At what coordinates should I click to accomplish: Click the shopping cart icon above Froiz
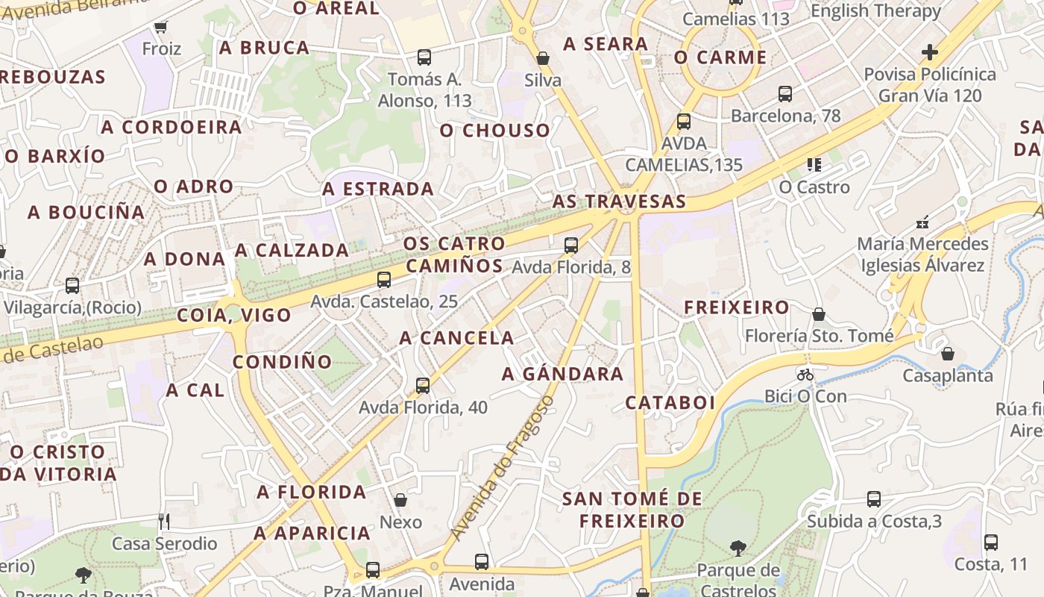pyautogui.click(x=160, y=28)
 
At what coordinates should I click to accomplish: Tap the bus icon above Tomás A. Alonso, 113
pyautogui.click(x=424, y=57)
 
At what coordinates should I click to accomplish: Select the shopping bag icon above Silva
pyautogui.click(x=543, y=58)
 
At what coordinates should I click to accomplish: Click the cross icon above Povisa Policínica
pyautogui.click(x=929, y=52)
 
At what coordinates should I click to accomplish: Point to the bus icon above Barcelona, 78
pyautogui.click(x=785, y=94)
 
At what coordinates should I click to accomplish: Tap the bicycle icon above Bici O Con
pyautogui.click(x=805, y=375)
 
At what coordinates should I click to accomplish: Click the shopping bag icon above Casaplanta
pyautogui.click(x=947, y=354)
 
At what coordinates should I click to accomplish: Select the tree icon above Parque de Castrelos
pyautogui.click(x=738, y=549)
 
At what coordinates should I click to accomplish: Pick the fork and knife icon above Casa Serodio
pyautogui.click(x=164, y=521)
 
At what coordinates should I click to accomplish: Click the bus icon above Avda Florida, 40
pyautogui.click(x=423, y=386)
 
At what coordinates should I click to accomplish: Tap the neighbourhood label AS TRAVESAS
pyautogui.click(x=619, y=201)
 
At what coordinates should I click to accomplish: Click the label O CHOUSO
pyautogui.click(x=494, y=131)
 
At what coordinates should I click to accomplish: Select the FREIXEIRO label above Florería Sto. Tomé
pyautogui.click(x=737, y=307)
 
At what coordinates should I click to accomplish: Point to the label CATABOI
pyautogui.click(x=670, y=403)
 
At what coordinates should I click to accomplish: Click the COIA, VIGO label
pyautogui.click(x=234, y=315)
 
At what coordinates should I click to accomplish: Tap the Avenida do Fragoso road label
pyautogui.click(x=503, y=468)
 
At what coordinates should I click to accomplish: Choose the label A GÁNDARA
pyautogui.click(x=562, y=374)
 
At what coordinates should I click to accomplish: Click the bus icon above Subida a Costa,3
pyautogui.click(x=874, y=499)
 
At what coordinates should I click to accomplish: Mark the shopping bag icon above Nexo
pyautogui.click(x=400, y=500)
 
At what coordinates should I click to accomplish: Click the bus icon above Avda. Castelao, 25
pyautogui.click(x=384, y=280)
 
